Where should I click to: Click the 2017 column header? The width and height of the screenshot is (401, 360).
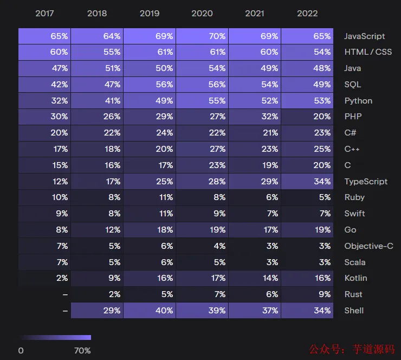[44, 13]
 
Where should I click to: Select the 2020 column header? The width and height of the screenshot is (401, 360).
[202, 13]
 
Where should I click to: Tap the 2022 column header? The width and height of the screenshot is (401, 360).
[307, 13]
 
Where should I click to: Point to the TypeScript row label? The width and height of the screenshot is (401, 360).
[366, 182]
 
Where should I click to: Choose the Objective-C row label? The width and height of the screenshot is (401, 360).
[368, 246]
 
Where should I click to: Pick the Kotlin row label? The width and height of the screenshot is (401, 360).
[355, 278]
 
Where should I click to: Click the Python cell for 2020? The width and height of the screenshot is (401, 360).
[202, 101]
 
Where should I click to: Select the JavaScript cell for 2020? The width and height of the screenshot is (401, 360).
[202, 36]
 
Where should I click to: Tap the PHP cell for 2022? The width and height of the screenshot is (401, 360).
[307, 117]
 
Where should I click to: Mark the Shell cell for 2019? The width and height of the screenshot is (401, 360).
[150, 311]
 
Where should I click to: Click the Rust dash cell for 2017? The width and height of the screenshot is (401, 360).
[44, 294]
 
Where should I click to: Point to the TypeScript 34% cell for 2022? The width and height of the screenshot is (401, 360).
[307, 182]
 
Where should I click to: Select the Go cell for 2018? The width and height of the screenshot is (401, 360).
[97, 230]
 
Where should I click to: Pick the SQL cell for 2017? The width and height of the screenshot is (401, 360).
[44, 85]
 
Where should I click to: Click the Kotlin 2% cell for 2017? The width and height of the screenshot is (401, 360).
[44, 278]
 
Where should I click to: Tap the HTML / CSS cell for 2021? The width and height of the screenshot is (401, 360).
[255, 52]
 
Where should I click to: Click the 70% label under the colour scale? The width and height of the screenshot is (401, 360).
[82, 351]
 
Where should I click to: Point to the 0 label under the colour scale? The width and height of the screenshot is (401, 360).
[21, 351]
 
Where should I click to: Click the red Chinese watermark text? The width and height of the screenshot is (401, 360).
[352, 349]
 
